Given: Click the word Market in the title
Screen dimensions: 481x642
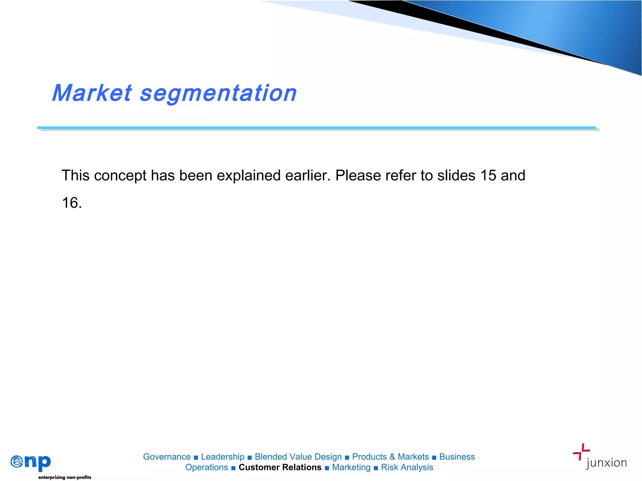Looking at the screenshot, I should coord(92,93).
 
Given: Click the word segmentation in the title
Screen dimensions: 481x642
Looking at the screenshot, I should coord(218,94).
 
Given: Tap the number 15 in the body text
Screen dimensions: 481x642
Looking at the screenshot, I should coord(488,175).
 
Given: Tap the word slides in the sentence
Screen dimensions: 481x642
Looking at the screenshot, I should coord(456,175).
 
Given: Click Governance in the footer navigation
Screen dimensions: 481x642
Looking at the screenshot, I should coord(167,457).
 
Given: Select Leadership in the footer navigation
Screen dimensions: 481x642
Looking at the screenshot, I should coord(223,457).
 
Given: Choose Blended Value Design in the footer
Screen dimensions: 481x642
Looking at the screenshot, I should coord(298,457).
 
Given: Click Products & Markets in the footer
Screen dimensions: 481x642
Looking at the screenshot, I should coord(390,457).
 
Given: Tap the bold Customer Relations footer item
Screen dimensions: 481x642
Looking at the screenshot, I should coord(280,467).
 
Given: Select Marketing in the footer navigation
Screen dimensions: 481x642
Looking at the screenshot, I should coord(351,467).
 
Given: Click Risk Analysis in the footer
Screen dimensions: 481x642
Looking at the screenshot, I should coord(407,467).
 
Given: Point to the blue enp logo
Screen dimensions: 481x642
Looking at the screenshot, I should coord(31,462).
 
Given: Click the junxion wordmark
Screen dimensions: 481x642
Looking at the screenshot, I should coord(606,463).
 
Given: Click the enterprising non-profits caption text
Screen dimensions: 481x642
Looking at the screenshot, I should coord(65,477).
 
